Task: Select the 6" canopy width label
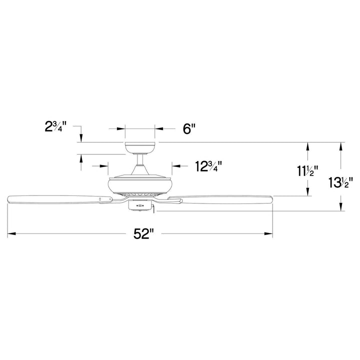[189, 129]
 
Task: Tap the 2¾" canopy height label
[55, 126]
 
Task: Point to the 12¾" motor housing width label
[208, 166]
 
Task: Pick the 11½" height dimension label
[307, 171]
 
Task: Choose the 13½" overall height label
[339, 182]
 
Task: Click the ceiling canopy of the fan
[140, 148]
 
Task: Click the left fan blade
[60, 199]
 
